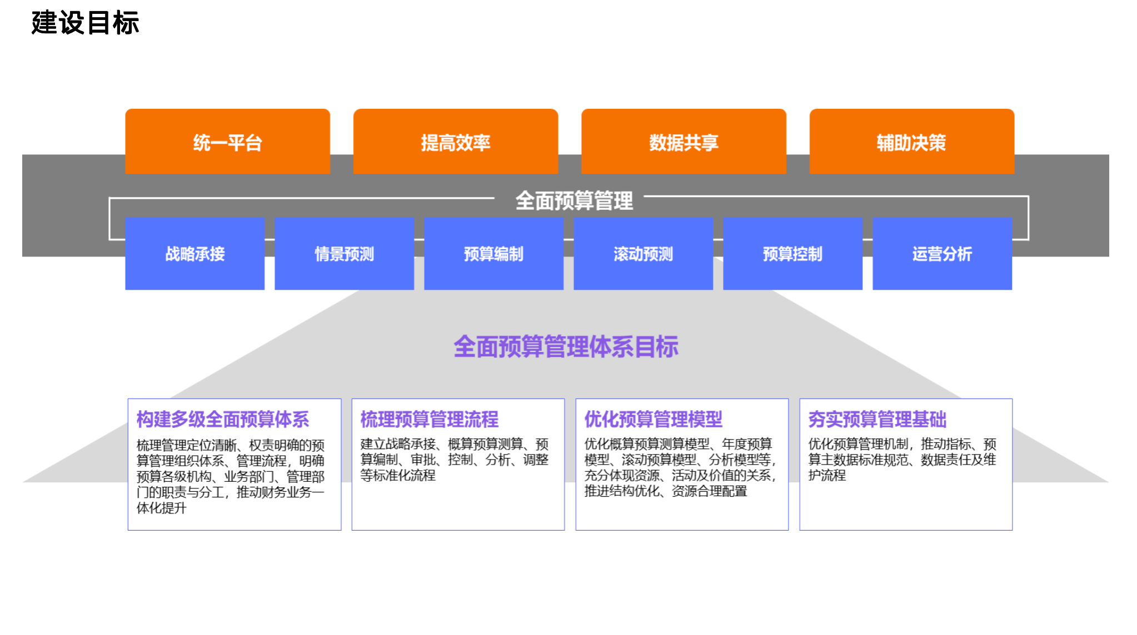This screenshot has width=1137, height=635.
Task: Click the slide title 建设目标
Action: tap(85, 23)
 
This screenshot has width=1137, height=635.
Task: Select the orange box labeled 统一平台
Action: tap(227, 142)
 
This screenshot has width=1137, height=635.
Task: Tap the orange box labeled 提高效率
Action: tap(455, 142)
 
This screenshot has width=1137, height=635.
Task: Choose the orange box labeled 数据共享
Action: tap(684, 142)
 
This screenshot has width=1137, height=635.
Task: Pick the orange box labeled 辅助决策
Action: tap(911, 142)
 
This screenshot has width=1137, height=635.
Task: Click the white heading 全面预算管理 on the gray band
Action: tap(574, 200)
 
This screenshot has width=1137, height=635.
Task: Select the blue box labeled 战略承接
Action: tap(195, 254)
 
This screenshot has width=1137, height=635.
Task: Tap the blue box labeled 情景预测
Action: tap(344, 254)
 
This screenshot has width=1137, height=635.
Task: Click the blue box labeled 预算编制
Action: tap(493, 254)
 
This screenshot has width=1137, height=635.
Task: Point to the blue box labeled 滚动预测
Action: tap(643, 254)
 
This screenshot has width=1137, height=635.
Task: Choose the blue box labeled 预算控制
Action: tap(792, 254)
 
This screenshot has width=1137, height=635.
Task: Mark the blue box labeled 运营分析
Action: tap(942, 254)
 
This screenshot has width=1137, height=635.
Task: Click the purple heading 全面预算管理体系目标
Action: tap(566, 347)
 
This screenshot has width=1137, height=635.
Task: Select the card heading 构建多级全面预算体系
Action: tap(223, 419)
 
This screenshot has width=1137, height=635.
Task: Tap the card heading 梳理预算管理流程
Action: tap(430, 419)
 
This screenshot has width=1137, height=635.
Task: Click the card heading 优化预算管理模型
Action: tap(654, 419)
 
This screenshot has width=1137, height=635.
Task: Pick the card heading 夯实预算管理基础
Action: tap(877, 419)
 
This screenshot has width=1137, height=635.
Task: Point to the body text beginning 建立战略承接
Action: tap(455, 460)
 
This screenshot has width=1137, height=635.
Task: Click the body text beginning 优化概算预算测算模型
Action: tap(680, 467)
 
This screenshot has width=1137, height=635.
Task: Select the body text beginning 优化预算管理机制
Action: tap(902, 460)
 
